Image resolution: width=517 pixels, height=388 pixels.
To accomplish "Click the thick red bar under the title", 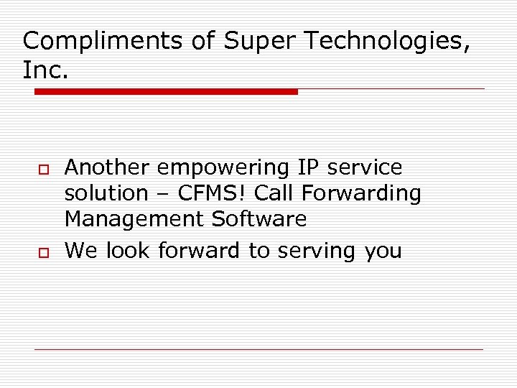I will [x=166, y=92].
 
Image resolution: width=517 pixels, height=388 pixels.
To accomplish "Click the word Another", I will [x=108, y=167].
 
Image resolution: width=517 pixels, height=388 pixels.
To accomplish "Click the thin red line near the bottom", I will [x=258, y=349].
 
